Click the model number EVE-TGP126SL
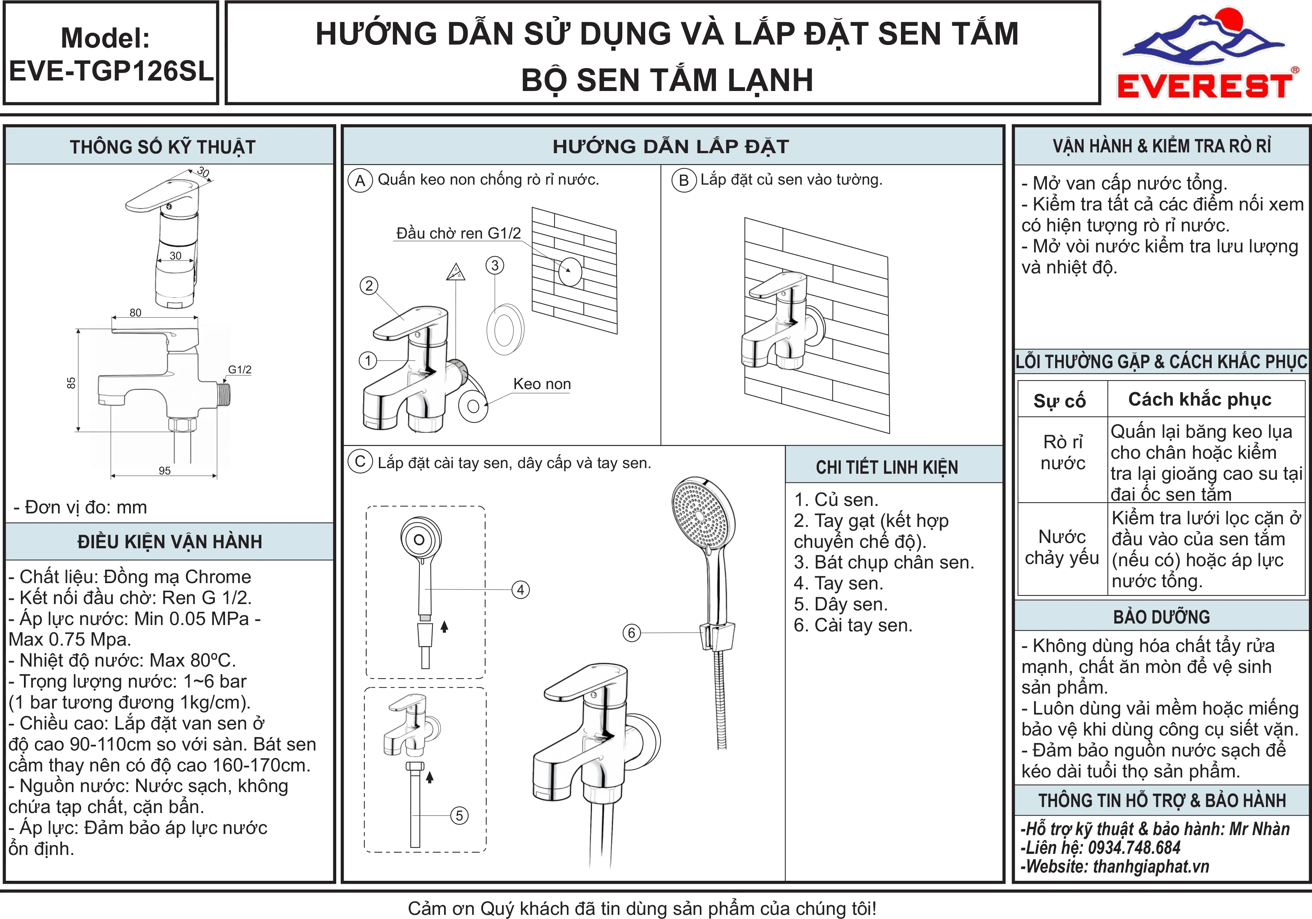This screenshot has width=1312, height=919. [112, 71]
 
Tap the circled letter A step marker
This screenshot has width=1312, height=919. [360, 181]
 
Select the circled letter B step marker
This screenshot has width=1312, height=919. [683, 180]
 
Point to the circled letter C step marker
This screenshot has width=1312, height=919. [360, 462]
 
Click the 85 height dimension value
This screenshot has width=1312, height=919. [71, 383]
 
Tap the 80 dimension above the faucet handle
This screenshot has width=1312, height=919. [136, 313]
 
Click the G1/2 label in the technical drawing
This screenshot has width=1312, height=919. [240, 369]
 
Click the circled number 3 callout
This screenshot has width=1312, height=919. [495, 265]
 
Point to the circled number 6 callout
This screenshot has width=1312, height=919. [631, 633]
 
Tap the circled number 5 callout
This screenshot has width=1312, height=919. [459, 816]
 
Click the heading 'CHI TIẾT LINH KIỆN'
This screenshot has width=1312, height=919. [887, 467]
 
